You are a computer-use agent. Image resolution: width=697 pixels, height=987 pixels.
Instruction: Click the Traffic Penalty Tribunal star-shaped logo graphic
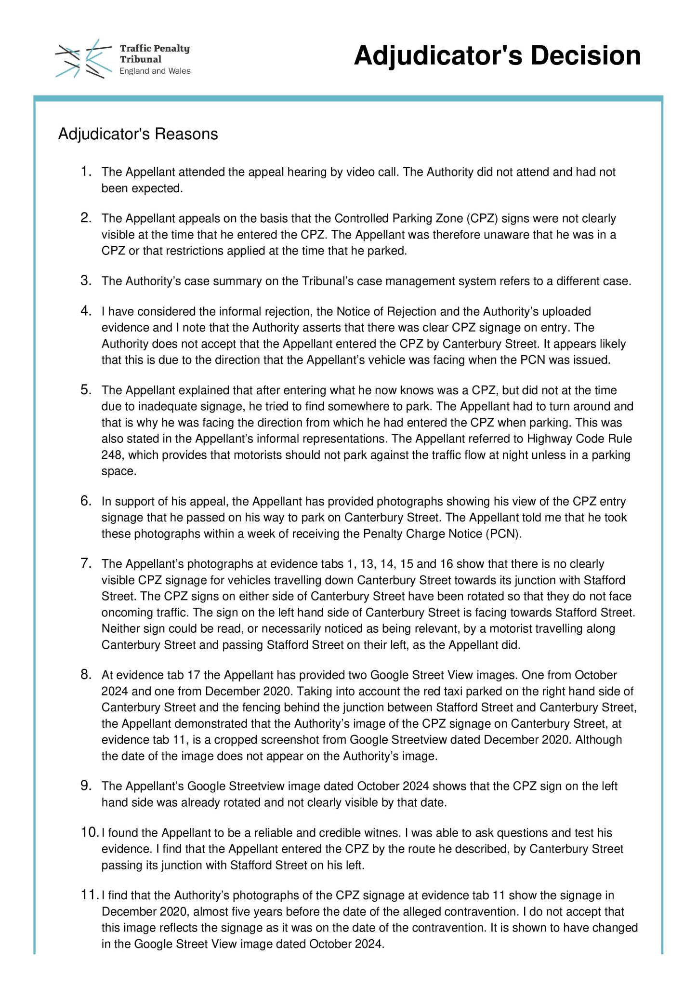click(x=82, y=59)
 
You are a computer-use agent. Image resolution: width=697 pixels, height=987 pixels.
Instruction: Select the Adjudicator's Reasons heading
click(x=138, y=134)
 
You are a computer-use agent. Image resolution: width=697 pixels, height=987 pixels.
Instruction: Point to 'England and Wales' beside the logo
click(x=155, y=71)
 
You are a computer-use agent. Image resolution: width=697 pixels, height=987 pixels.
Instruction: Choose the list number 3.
click(x=86, y=280)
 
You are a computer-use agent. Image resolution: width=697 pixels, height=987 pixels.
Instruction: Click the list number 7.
click(x=86, y=563)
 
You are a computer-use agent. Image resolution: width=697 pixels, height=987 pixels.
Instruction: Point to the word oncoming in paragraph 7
click(x=123, y=613)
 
